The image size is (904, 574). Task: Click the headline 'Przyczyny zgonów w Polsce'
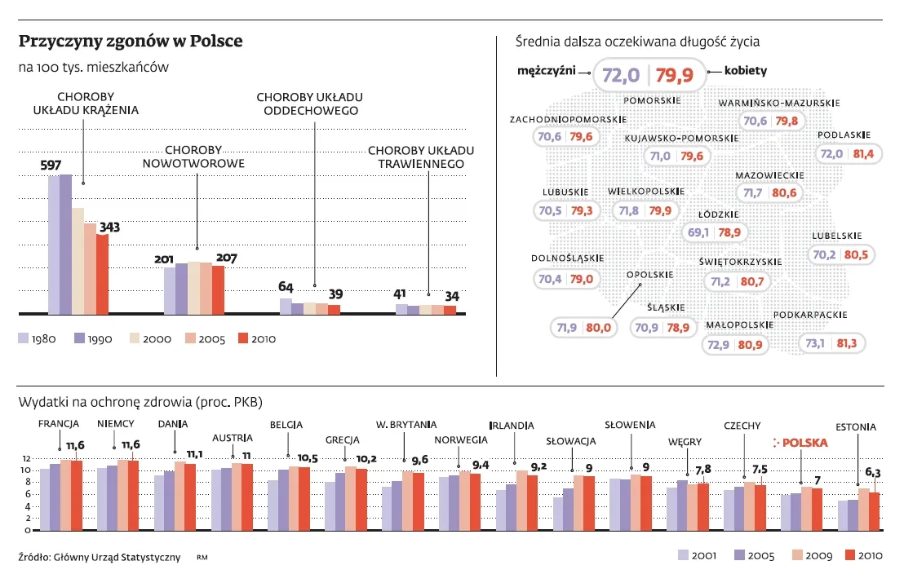click(131, 41)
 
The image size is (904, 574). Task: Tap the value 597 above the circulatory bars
click(51, 166)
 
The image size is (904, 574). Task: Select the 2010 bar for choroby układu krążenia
click(103, 274)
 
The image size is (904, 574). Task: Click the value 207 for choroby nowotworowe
click(226, 258)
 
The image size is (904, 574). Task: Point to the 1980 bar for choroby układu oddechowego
click(286, 306)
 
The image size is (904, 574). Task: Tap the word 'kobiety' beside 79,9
click(745, 71)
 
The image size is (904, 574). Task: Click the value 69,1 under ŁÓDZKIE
click(698, 233)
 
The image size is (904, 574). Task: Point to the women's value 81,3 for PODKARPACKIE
click(847, 344)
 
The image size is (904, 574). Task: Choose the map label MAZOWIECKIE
click(769, 175)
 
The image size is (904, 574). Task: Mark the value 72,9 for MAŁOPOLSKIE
click(718, 345)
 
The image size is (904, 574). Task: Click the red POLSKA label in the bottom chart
click(804, 444)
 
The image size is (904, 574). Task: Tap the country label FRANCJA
click(59, 424)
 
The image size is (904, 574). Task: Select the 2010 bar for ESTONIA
click(874, 511)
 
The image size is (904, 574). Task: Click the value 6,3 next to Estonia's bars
click(873, 472)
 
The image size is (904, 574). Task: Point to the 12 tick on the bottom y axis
click(26, 457)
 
